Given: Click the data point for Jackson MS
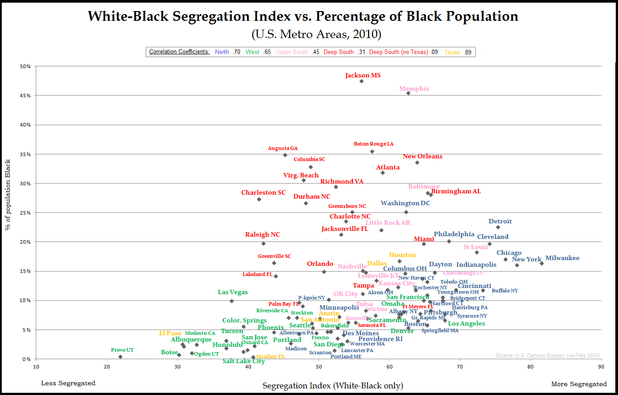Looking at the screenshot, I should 361,81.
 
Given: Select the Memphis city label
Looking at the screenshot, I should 414,89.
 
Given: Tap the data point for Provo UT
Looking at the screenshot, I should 120,357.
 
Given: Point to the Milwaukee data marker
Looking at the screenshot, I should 542,264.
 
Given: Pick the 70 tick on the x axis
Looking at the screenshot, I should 459,366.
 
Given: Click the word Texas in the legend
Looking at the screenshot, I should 452,52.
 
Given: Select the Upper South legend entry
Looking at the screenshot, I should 292,52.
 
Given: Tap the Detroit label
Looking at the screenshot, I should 500,222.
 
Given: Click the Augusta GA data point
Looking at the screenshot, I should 285,155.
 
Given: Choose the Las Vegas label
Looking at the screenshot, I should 233,292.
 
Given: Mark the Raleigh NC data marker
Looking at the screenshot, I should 263,243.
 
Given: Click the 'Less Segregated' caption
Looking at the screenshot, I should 68,383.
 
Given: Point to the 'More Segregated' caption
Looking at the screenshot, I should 579,384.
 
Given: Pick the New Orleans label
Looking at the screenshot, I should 422,157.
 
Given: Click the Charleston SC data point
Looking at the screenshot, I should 259,199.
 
